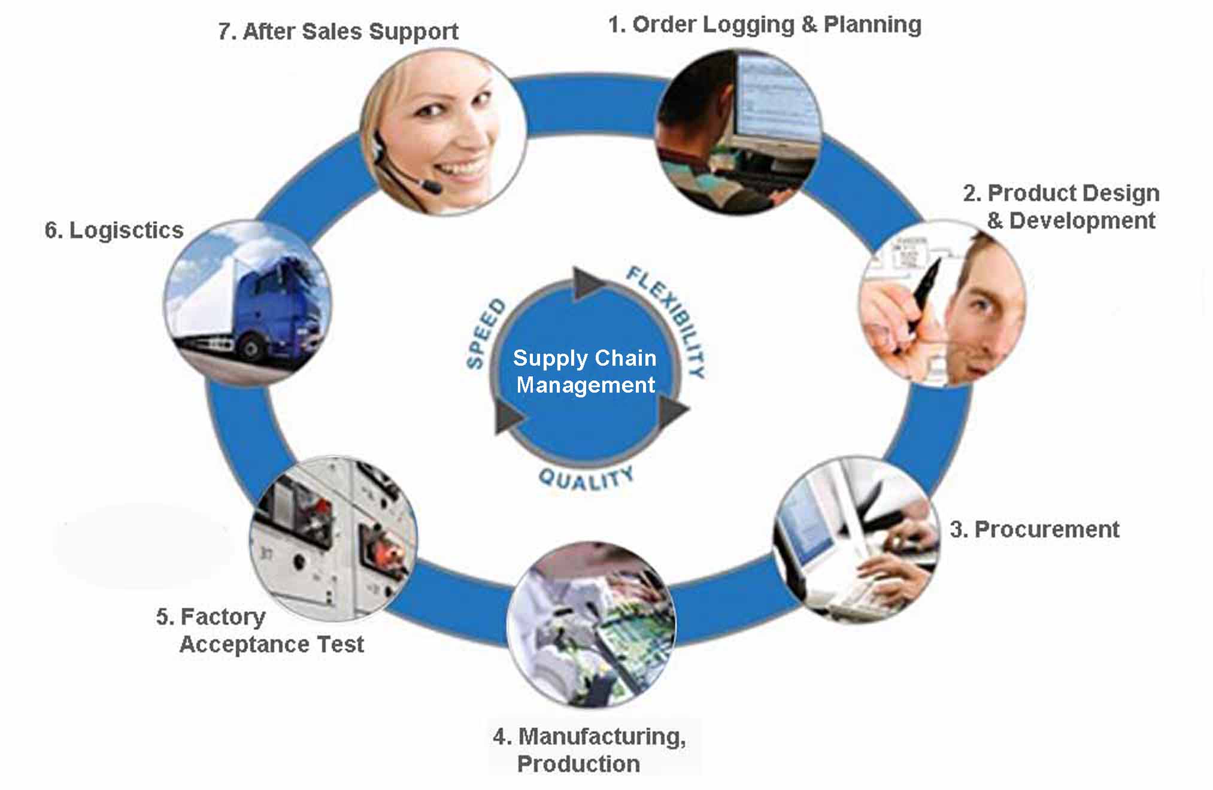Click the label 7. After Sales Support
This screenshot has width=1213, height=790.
(338, 32)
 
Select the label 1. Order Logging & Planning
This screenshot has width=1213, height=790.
(765, 25)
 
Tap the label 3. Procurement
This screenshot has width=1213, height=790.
(1035, 530)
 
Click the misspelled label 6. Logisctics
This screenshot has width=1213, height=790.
(114, 230)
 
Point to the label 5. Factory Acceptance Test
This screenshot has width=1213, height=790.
(260, 631)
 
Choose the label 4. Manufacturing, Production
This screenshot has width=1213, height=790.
(589, 750)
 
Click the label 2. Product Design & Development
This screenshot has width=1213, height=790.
(1062, 206)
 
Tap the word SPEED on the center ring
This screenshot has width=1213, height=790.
(485, 334)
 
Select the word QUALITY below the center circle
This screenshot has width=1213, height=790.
(586, 479)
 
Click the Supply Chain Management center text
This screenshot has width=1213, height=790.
(585, 371)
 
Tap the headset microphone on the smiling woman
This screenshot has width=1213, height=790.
(430, 186)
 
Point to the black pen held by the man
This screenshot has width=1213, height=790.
(925, 293)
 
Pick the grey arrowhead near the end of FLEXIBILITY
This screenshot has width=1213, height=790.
(674, 412)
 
